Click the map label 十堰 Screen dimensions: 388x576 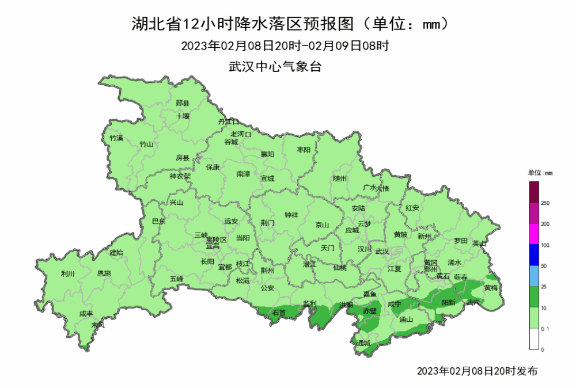(183, 116)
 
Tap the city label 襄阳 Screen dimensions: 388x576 (267, 154)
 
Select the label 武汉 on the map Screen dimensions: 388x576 (382, 251)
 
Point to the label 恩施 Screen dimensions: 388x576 (104, 273)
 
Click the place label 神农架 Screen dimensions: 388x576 (180, 177)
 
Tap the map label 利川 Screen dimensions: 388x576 (67, 273)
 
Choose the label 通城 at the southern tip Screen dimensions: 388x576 (363, 343)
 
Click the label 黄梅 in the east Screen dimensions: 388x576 (491, 287)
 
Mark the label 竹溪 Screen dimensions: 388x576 (116, 138)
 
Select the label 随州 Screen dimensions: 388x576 (340, 178)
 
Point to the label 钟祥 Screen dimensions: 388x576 (291, 215)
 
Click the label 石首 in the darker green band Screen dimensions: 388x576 (279, 313)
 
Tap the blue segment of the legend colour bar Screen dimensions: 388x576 (534, 254)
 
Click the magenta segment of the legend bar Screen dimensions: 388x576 (534, 234)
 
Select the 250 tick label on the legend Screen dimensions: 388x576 (545, 203)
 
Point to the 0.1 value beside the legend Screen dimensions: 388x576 (545, 329)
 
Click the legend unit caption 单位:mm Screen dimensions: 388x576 (540, 172)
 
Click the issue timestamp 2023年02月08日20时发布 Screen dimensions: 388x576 (478, 371)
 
